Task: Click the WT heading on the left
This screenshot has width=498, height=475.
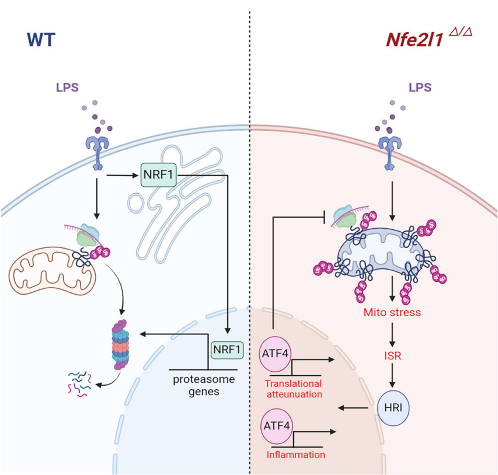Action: coord(43,40)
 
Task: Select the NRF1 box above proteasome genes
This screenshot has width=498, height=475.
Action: coord(227,350)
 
